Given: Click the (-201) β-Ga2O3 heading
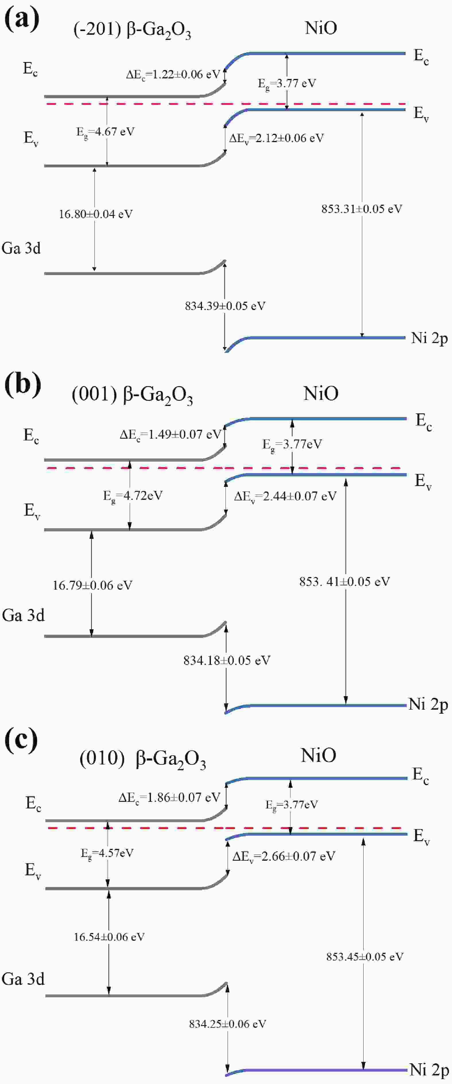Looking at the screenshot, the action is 132,31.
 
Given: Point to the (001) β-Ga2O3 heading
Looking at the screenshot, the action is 132,396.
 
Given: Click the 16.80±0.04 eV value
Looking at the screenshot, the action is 96,214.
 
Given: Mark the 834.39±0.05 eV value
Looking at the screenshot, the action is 225,306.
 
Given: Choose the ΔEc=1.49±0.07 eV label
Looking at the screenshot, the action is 170,435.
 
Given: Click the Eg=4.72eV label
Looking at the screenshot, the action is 133,496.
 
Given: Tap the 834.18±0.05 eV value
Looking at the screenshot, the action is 226,660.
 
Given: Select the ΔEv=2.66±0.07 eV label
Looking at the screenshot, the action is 284,856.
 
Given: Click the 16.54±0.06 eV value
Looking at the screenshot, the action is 109,937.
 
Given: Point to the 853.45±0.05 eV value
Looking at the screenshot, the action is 365,957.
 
